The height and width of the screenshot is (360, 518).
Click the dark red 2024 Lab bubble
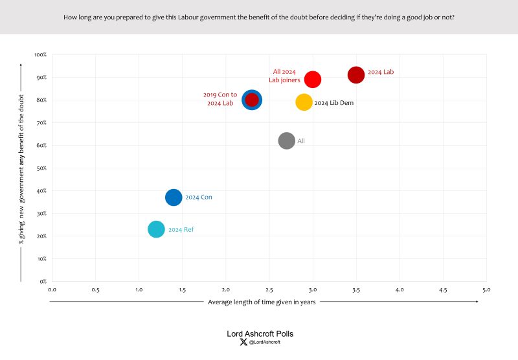coord(356,75)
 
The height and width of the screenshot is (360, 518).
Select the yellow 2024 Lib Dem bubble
coord(304,102)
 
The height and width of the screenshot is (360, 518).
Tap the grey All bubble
coord(287,141)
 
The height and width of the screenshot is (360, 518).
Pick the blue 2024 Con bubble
coord(174,197)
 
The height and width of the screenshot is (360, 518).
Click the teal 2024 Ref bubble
coord(156,229)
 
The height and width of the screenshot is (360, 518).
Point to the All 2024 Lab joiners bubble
coord(313,79)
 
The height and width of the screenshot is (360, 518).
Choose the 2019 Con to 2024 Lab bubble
coord(252,100)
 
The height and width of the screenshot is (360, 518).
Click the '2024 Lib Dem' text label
coord(333,103)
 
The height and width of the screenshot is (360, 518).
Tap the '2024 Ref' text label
coord(181,230)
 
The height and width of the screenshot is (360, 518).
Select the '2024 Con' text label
coord(198,197)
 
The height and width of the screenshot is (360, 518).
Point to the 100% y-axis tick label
coord(39,55)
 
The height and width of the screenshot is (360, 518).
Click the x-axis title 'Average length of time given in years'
coord(262,302)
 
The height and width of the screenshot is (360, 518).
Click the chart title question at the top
coord(259,16)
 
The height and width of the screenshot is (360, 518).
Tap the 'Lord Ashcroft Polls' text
coord(260,334)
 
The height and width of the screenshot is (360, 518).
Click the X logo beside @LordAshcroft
coord(243,342)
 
